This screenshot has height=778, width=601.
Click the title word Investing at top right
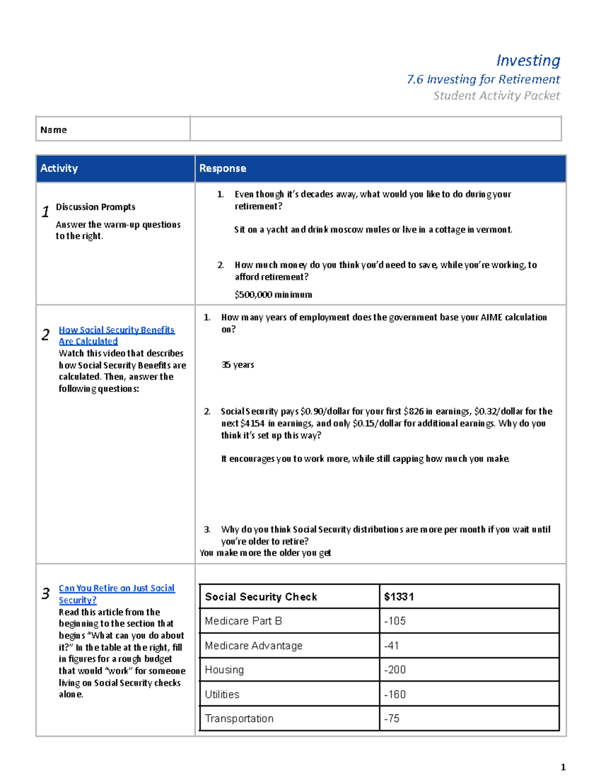[528, 61]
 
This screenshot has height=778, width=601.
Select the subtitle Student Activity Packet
[496, 96]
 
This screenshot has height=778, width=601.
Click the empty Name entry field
[375, 129]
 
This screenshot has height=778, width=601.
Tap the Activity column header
[59, 168]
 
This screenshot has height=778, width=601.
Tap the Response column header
[223, 168]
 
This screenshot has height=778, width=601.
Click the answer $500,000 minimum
[273, 295]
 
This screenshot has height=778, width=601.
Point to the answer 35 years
[238, 365]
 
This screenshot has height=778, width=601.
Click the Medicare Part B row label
[243, 621]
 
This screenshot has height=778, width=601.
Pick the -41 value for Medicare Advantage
[392, 646]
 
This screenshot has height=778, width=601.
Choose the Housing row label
[224, 670]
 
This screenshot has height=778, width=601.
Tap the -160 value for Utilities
[395, 694]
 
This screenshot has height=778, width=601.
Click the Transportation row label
[239, 718]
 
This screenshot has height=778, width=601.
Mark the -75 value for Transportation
[392, 718]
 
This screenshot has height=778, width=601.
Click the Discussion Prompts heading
[96, 207]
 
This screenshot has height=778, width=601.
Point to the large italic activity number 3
[46, 594]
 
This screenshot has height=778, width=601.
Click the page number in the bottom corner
[563, 767]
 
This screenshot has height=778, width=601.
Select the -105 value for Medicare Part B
[395, 621]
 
